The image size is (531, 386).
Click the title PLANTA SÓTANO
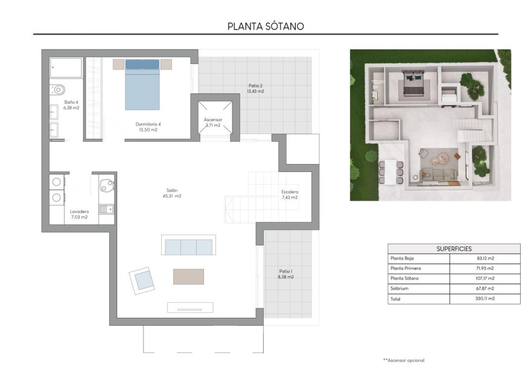(265, 26)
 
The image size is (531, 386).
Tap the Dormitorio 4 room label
(147, 127)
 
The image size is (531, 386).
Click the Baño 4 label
(71, 104)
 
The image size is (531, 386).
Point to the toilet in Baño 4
(58, 90)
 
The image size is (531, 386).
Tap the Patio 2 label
(255, 89)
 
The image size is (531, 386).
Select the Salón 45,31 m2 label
(172, 193)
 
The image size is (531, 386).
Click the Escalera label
(290, 194)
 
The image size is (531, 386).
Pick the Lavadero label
(79, 214)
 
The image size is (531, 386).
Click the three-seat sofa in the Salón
(188, 247)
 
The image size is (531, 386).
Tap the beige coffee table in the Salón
(188, 276)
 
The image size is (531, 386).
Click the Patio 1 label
(285, 274)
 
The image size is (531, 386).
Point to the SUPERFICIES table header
(454, 248)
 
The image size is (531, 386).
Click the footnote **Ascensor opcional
(404, 360)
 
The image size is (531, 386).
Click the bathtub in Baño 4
(66, 68)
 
